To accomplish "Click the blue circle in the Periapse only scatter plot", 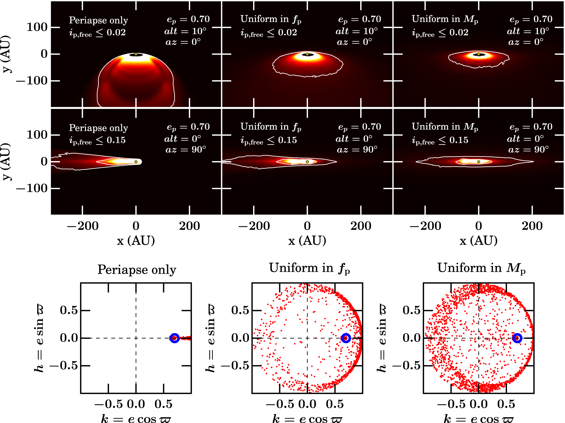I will [x=175, y=338].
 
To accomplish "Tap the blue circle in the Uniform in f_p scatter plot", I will [x=346, y=338].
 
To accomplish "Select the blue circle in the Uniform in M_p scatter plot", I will [x=517, y=338].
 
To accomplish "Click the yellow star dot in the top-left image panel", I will [x=136, y=54].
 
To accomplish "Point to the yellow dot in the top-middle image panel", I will [x=307, y=54].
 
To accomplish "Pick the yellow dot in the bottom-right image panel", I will [x=479, y=162].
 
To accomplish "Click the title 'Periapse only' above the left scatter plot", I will [x=137, y=269].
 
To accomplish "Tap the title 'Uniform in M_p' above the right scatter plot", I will [x=481, y=268].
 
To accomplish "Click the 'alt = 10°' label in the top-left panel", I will [x=185, y=31].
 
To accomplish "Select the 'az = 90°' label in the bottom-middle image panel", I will [x=357, y=149].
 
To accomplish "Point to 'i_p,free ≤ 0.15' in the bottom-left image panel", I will [x=97, y=140].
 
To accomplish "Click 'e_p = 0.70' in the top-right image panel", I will [x=531, y=19].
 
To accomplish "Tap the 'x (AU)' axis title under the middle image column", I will [x=307, y=241].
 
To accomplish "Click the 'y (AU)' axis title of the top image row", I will [x=6, y=54].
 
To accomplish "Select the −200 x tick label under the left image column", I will [x=83, y=226].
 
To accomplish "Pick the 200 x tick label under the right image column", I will [x=532, y=226].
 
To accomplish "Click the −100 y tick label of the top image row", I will [x=32, y=81].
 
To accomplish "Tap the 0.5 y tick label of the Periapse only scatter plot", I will [x=69, y=310].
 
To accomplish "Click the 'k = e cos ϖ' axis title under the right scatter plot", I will [x=479, y=419].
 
